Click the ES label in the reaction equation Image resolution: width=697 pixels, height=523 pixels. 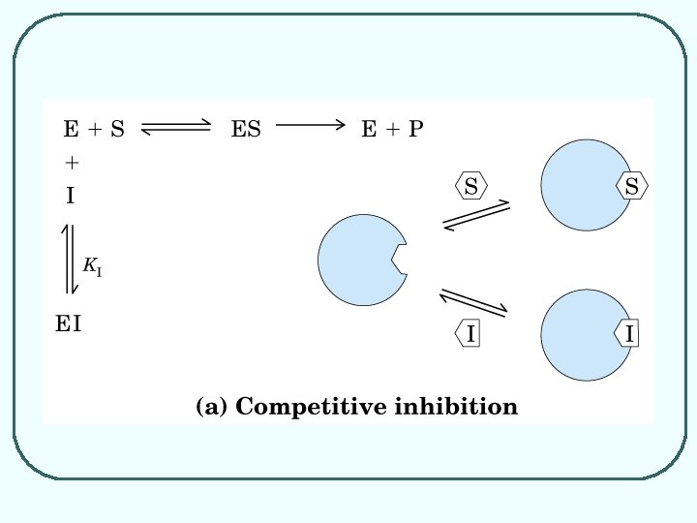pos(246,128)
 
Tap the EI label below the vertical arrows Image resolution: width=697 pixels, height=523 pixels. pos(68,324)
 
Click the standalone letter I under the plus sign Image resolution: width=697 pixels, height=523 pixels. pos(70,196)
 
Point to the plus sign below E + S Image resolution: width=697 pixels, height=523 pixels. pos(71,162)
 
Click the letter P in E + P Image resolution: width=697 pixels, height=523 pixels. pos(414,128)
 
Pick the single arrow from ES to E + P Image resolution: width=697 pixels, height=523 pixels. pos(310,124)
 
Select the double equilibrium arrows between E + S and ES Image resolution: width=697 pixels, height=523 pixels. pos(176,128)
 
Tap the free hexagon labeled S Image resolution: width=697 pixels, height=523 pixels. pos(470,187)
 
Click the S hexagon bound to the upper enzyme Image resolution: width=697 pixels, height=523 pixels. pos(630,187)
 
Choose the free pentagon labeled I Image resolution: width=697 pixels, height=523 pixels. pos(470,334)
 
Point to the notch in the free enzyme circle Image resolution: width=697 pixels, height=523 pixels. pos(399,259)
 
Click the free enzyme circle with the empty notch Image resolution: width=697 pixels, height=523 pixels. pos(358,261)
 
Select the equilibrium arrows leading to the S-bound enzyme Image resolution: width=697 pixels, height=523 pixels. pos(475,216)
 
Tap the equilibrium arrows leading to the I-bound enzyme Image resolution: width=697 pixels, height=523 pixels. pos(474,301)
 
